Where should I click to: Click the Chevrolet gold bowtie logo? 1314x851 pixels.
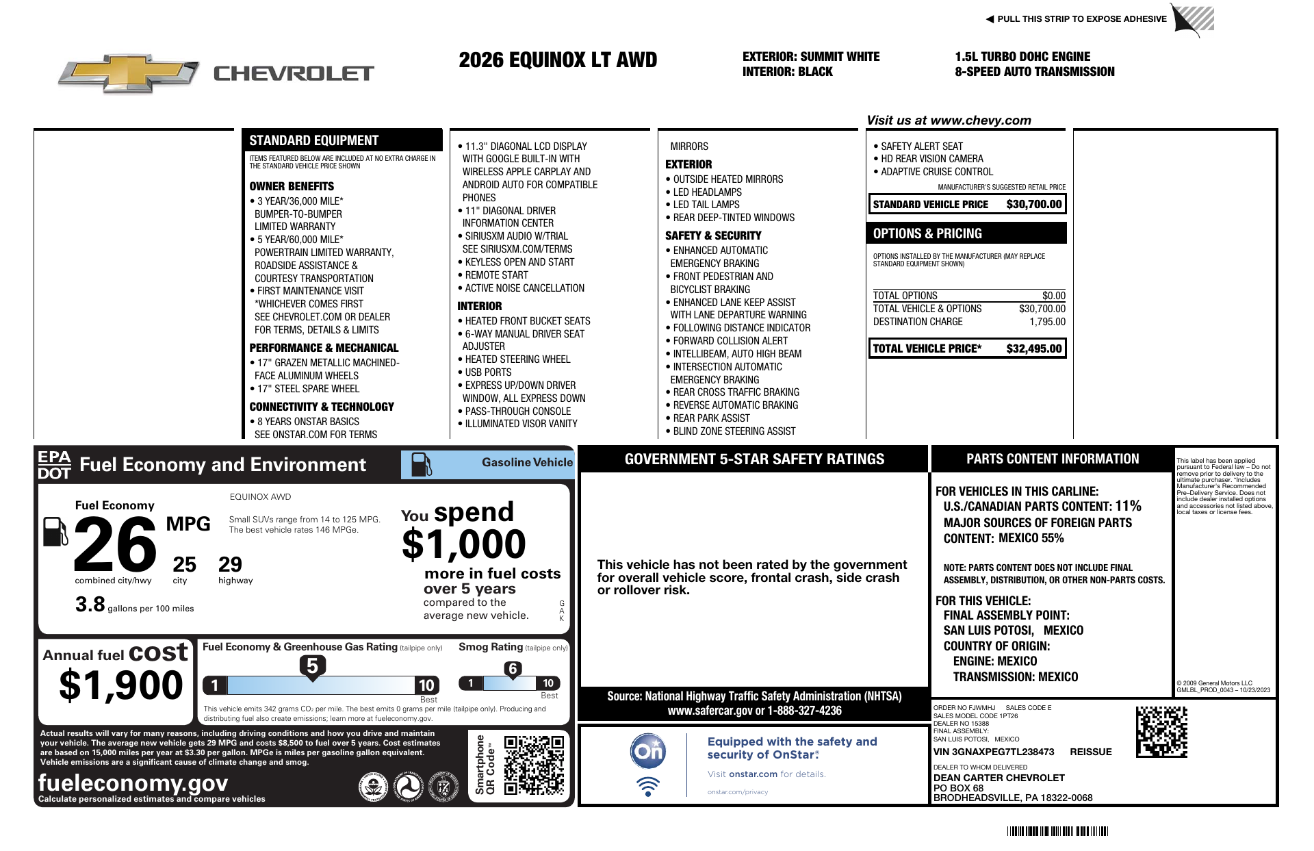[129, 73]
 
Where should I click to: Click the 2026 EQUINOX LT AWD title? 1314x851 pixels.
[558, 60]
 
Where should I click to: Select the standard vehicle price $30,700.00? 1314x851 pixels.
[1033, 204]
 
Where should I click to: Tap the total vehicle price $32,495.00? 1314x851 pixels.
[1033, 348]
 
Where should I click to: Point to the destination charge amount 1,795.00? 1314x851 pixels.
[1047, 322]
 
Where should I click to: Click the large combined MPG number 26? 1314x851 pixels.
[115, 545]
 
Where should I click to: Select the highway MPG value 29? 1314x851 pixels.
[230, 565]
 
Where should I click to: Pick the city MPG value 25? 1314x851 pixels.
[184, 565]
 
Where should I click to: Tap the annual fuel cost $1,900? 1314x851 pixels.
[121, 685]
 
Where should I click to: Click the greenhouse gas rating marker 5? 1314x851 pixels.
[312, 665]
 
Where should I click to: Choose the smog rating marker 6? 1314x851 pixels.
[513, 669]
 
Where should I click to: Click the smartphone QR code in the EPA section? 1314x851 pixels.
[534, 765]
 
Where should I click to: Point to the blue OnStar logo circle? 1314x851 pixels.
[647, 751]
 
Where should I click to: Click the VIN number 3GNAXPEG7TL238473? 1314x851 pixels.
[1003, 752]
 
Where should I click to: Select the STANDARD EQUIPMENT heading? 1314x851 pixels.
[313, 140]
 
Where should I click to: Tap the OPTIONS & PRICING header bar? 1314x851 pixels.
[966, 233]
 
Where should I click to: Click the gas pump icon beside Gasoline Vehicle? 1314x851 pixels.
[421, 464]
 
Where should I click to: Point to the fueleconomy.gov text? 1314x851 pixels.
[133, 783]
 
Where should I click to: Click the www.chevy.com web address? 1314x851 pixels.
[981, 120]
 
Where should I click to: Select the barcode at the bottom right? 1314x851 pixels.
[1057, 831]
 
